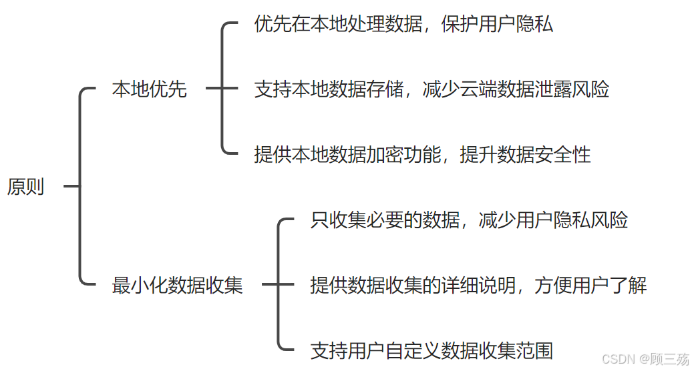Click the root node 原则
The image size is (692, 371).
coord(25,187)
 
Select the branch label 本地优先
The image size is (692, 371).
coord(149,89)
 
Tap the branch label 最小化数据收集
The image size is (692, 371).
coord(177,286)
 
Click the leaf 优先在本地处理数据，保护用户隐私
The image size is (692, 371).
coord(403,25)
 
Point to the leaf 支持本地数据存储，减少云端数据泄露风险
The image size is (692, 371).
coord(431,89)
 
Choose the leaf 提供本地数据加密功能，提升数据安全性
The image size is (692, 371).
coord(422,154)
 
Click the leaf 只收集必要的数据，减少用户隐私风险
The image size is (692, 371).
coord(469,220)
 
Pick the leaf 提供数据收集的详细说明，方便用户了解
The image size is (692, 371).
coord(478,286)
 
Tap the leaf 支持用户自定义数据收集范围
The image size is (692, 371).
coord(431,350)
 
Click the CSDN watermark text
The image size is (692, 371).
coord(645,359)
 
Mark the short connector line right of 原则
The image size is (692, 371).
coord(71,187)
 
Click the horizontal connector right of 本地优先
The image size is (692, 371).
coord(214,88)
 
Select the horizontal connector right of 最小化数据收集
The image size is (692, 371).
coord(270,285)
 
